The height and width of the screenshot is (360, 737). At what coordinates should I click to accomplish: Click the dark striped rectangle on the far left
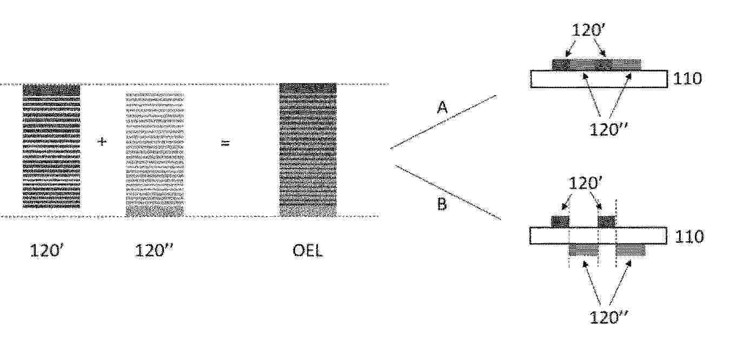tap(51, 146)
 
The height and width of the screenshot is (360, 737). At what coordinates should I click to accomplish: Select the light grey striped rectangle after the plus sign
tap(155, 154)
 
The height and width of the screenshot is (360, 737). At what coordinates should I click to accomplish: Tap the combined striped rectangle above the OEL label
tap(308, 150)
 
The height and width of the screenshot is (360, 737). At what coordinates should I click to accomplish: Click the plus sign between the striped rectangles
tap(102, 142)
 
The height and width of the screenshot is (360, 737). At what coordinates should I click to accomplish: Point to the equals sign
tap(225, 143)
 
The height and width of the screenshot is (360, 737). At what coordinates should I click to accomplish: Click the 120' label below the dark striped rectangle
tap(47, 251)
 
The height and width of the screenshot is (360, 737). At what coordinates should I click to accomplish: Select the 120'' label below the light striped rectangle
tap(154, 251)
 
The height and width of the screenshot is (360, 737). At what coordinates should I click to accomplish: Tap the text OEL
tap(308, 251)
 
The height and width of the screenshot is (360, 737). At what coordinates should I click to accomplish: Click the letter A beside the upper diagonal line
tap(442, 108)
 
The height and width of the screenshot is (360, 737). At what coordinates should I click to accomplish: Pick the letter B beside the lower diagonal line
tap(442, 204)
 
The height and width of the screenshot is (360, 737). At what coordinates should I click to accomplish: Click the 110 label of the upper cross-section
tap(688, 78)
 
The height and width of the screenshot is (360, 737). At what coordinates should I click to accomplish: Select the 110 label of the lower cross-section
tap(689, 237)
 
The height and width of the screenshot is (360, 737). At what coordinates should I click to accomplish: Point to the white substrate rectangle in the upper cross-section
tap(599, 79)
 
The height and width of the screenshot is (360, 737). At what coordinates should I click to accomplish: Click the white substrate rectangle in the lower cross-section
tap(599, 236)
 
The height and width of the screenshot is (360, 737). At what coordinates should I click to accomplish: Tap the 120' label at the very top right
tap(589, 30)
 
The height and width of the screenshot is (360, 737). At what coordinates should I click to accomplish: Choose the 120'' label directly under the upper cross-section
tap(608, 130)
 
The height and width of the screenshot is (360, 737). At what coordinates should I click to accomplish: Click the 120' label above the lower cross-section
tap(585, 183)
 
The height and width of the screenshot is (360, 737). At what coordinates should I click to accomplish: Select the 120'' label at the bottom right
tap(609, 318)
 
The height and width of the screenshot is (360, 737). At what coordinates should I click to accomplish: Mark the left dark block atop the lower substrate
tap(560, 222)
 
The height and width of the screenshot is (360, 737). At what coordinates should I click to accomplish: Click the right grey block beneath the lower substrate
tap(630, 250)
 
